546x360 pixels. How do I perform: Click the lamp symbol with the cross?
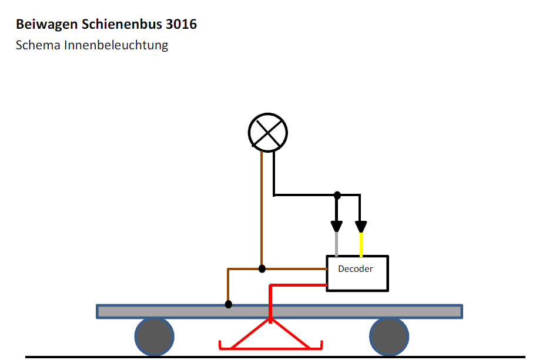(x=268, y=132)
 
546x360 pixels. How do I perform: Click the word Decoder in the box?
(x=355, y=269)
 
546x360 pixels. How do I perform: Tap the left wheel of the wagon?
(x=154, y=337)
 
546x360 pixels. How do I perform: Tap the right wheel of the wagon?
(x=388, y=337)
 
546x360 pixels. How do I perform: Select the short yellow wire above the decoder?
(x=361, y=244)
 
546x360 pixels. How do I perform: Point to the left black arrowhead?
(x=337, y=226)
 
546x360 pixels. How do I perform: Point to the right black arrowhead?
(x=361, y=226)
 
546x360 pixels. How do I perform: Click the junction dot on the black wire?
(x=337, y=194)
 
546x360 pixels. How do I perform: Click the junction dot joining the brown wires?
(x=262, y=269)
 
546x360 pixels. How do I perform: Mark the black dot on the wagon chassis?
(x=229, y=304)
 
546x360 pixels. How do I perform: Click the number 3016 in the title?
(x=182, y=25)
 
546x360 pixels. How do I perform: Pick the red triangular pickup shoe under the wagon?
(x=270, y=335)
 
